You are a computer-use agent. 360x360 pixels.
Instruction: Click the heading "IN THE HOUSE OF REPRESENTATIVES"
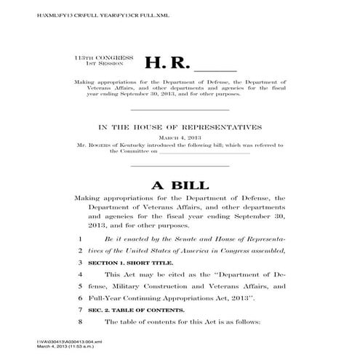click(x=180, y=126)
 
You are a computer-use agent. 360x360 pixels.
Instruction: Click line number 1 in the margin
click(x=79, y=239)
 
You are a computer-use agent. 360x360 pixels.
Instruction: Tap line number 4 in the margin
click(x=79, y=273)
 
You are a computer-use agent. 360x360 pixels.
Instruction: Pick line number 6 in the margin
click(x=79, y=297)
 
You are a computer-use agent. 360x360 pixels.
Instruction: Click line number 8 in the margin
click(x=79, y=321)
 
